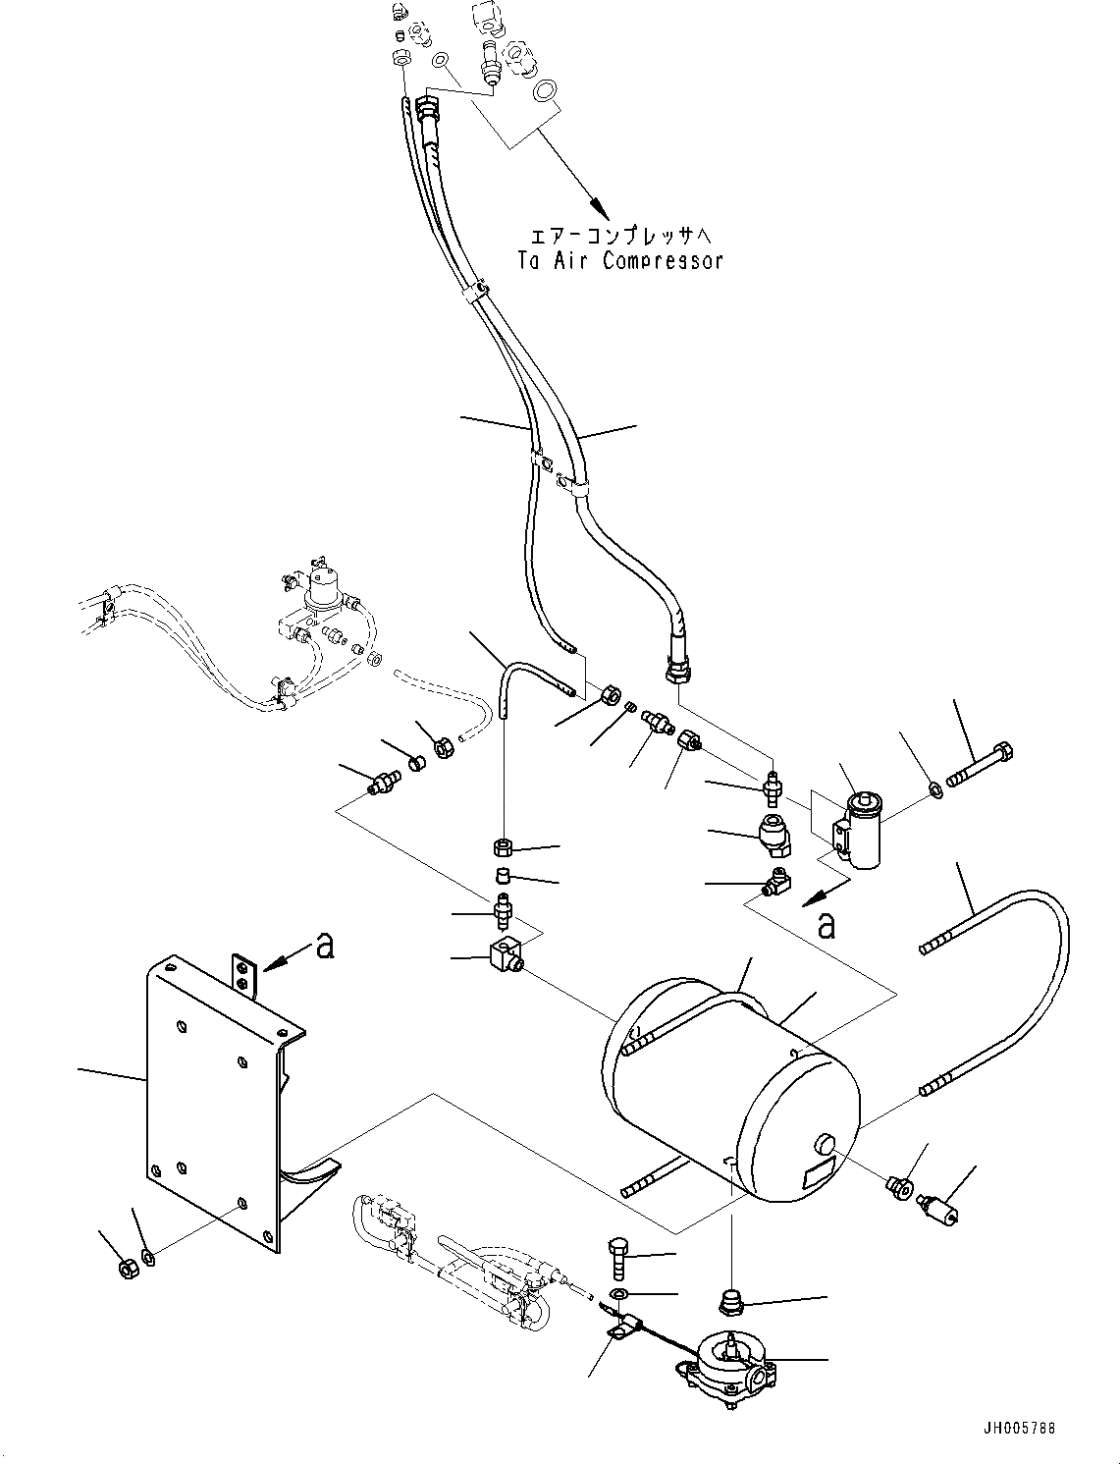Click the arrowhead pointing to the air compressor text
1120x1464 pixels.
[x=599, y=209]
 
